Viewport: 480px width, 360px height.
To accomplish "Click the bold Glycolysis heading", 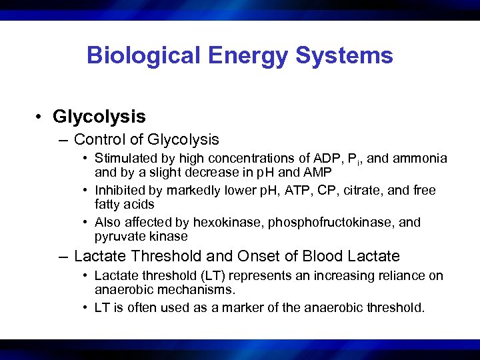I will (x=99, y=117).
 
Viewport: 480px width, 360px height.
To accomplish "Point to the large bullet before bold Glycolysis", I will (x=40, y=117).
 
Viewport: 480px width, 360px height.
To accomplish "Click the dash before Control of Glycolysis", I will (x=63, y=139).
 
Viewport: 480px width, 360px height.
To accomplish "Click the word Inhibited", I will (x=117, y=190).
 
